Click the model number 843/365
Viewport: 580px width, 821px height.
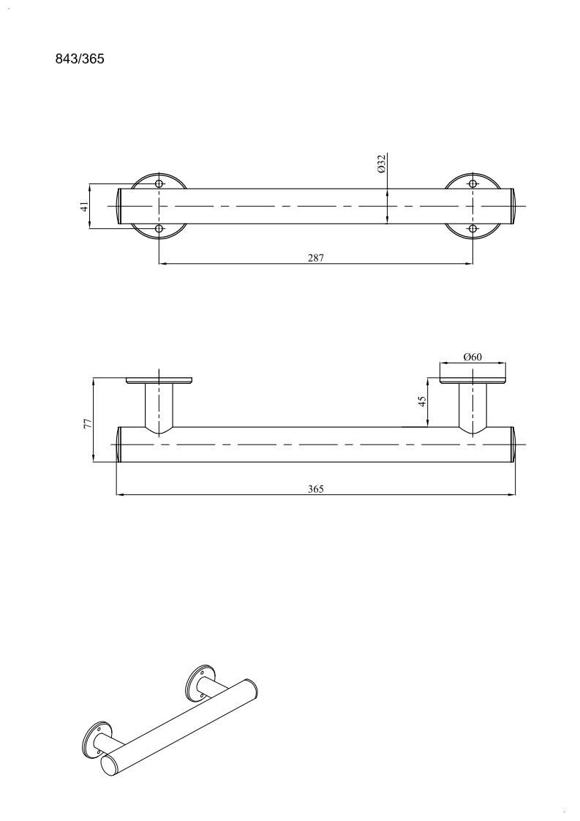click(80, 58)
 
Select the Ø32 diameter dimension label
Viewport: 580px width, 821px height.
click(382, 163)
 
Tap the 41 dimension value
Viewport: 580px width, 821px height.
click(84, 206)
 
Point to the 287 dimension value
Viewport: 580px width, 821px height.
click(316, 257)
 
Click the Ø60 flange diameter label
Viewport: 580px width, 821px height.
click(472, 357)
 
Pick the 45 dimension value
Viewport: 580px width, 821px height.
click(422, 401)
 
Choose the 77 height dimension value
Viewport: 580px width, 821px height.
click(88, 423)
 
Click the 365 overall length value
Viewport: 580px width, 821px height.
click(316, 489)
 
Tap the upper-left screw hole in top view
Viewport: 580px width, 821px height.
click(159, 184)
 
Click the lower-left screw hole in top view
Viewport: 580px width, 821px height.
click(159, 229)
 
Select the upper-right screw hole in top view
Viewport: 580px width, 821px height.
click(473, 184)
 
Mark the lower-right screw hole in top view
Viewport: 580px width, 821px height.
click(473, 229)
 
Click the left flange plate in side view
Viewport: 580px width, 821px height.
click(159, 381)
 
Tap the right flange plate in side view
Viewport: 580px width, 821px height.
click(473, 381)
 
